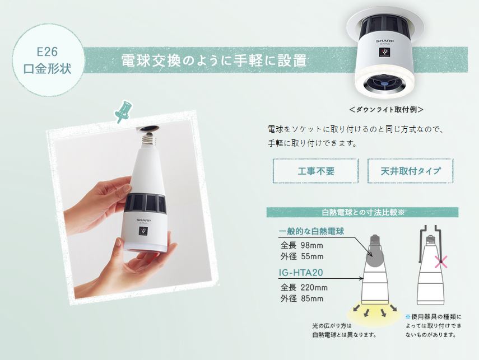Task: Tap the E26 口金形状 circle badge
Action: (x=48, y=60)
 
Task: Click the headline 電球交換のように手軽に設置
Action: (x=214, y=60)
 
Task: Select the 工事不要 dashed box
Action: (x=315, y=171)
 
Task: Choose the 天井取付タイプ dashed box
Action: (x=410, y=171)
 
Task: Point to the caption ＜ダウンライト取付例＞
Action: (x=387, y=110)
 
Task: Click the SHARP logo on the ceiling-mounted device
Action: (x=385, y=41)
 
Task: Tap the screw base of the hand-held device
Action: (x=149, y=139)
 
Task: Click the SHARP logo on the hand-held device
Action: (x=143, y=220)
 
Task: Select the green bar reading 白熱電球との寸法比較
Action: (x=362, y=212)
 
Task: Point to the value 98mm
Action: (x=311, y=245)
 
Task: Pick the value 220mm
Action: (x=314, y=287)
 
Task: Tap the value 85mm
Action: (x=312, y=298)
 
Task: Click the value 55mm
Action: (x=312, y=256)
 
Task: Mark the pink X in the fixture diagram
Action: (x=440, y=262)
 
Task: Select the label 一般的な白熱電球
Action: (x=311, y=231)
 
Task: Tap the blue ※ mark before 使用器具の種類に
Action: (x=408, y=317)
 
